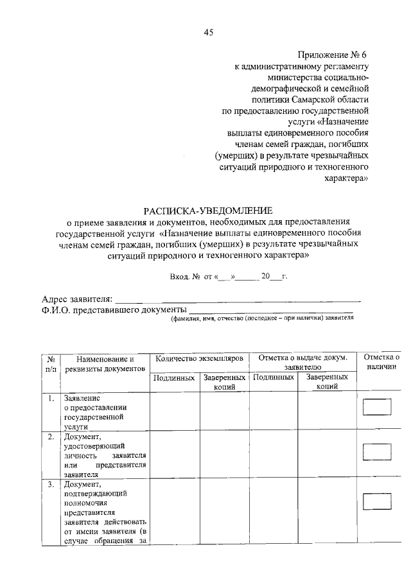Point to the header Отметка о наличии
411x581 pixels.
(x=381, y=361)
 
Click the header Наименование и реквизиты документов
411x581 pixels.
(x=104, y=364)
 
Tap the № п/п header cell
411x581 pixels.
(x=51, y=364)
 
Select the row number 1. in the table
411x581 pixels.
(x=51, y=398)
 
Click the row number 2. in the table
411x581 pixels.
(x=51, y=437)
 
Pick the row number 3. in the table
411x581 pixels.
(x=51, y=483)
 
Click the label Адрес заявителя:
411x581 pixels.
(x=78, y=298)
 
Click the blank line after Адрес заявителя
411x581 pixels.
(x=238, y=299)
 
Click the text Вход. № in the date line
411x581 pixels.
(x=183, y=277)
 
